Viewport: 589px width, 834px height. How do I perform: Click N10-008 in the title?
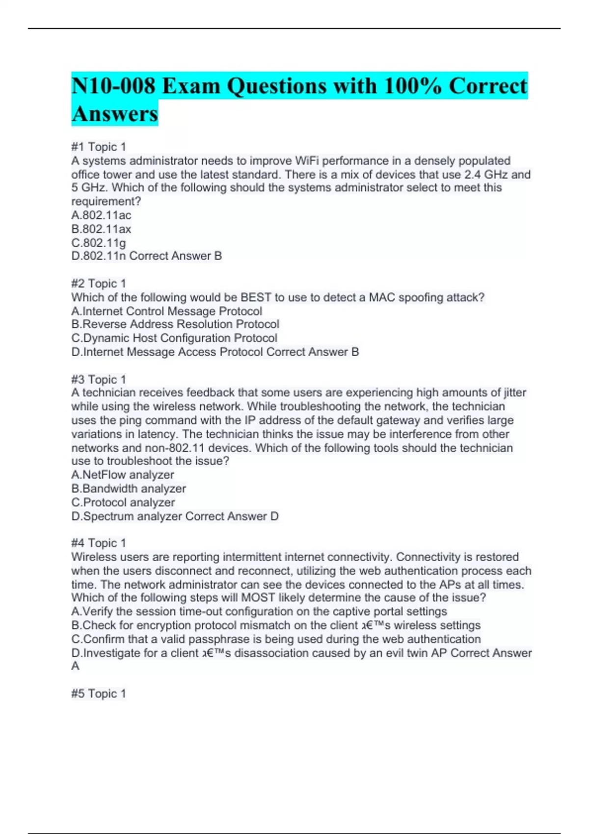pos(113,86)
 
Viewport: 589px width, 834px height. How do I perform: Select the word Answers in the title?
pos(115,114)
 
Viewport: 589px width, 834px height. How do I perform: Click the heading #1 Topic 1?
pos(99,147)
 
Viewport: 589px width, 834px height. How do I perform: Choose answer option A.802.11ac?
pos(101,215)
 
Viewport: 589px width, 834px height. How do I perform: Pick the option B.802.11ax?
pos(101,229)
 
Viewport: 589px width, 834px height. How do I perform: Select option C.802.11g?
pos(99,242)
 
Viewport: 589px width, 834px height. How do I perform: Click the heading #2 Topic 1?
pos(99,284)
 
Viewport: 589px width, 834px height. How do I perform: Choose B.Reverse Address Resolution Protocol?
pos(175,324)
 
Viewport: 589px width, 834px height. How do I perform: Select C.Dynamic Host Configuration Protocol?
pos(174,338)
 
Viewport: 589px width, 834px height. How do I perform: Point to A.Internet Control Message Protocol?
pos(166,311)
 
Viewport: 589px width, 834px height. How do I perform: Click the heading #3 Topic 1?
pos(99,379)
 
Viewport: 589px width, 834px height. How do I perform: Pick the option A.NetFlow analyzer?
pos(123,475)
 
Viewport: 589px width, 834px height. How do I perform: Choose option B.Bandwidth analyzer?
pos(129,489)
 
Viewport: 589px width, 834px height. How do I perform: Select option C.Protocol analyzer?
pos(123,502)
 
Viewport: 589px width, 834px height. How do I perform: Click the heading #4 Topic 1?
pos(99,543)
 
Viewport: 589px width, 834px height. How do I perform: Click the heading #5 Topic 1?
pos(99,694)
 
